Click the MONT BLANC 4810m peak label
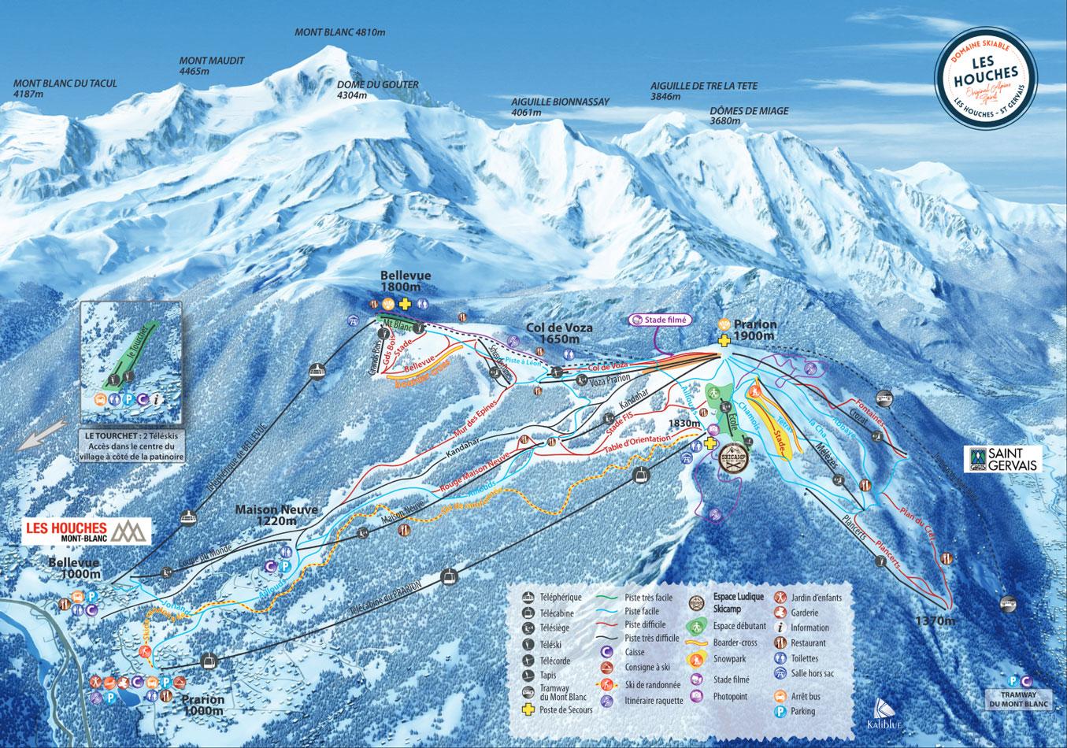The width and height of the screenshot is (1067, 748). pyautogui.click(x=339, y=32)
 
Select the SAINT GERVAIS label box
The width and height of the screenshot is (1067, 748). pyautogui.click(x=1002, y=460)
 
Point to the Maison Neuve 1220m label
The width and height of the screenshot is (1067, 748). pyautogui.click(x=276, y=514)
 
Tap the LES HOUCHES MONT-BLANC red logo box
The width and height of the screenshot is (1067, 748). pyautogui.click(x=85, y=531)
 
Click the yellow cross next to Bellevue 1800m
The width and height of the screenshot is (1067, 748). pyautogui.click(x=406, y=305)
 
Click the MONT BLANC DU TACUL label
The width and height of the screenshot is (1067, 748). pyautogui.click(x=65, y=88)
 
